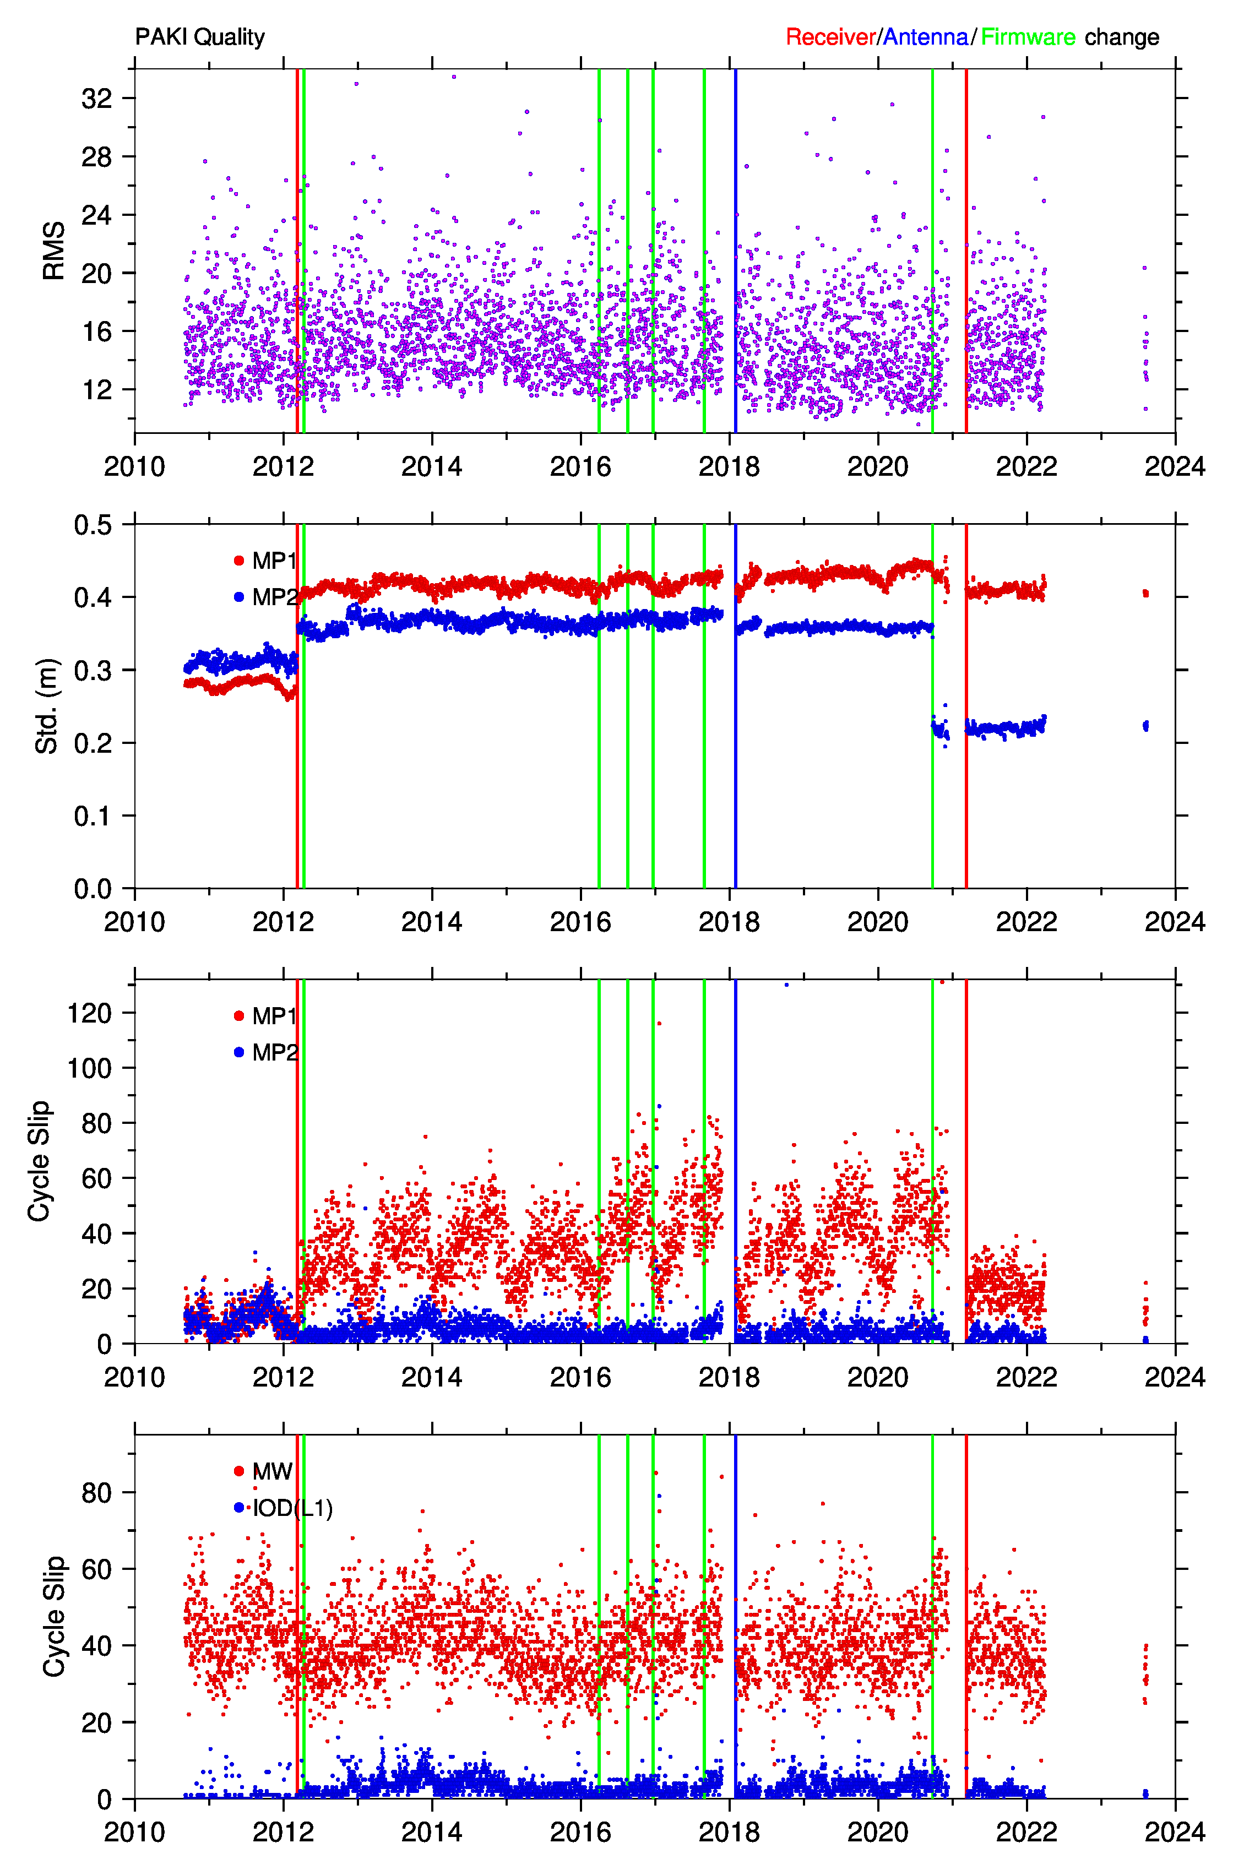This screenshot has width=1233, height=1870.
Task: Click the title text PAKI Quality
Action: click(200, 37)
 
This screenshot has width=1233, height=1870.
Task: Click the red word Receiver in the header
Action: click(830, 37)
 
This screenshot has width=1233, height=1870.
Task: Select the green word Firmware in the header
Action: click(1028, 37)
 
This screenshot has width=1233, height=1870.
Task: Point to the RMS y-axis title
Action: click(53, 251)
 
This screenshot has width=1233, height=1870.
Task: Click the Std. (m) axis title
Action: click(47, 706)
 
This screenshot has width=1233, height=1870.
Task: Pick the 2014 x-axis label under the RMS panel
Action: click(432, 466)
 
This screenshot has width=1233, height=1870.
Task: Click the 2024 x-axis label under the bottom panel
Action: click(1175, 1832)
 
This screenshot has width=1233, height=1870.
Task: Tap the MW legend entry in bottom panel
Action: click(263, 1471)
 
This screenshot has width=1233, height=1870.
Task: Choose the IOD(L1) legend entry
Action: click(283, 1508)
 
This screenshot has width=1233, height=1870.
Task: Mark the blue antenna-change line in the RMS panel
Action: click(735, 251)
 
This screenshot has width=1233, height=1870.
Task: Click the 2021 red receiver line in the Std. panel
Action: click(966, 706)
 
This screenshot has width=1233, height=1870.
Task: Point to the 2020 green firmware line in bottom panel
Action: click(933, 1616)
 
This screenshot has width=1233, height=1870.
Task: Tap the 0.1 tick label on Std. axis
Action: click(93, 816)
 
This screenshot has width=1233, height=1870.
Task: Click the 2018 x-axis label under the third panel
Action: click(729, 1377)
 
